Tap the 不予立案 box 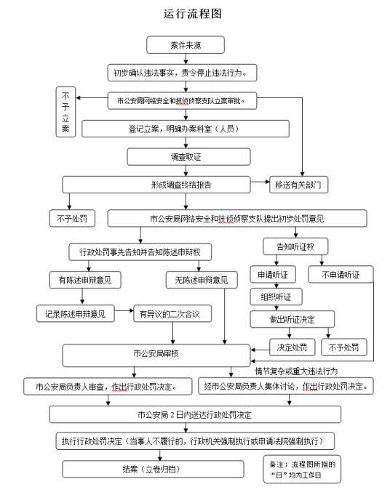pyautogui.click(x=65, y=111)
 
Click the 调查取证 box pyautogui.click(x=171, y=156)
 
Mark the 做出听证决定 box pyautogui.click(x=292, y=318)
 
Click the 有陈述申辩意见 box pyautogui.click(x=84, y=280)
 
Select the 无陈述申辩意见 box pyautogui.click(x=196, y=280)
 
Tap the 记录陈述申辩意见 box pyautogui.click(x=76, y=313)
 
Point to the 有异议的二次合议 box pyautogui.click(x=171, y=313)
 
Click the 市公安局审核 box pyautogui.click(x=155, y=355)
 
